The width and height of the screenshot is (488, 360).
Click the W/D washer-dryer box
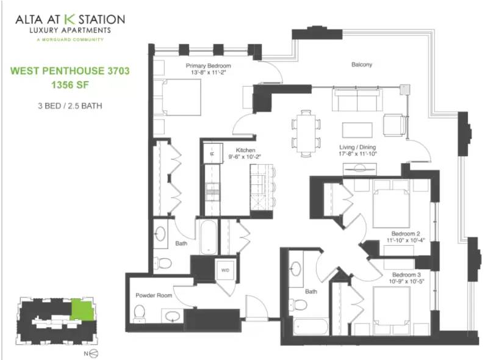point(225,270)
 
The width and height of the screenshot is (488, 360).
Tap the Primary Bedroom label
point(208,66)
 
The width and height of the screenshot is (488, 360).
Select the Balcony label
point(362,65)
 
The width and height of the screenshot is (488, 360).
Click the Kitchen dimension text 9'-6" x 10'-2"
point(245,157)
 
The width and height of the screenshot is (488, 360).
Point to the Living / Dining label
point(357,147)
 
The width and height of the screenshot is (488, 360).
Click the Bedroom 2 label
point(406,234)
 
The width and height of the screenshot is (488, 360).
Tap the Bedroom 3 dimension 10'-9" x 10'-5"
point(406,281)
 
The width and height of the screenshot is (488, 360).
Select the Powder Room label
point(154,295)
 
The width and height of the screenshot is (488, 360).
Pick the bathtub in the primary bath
point(209,237)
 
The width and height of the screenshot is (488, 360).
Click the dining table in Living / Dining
point(306,133)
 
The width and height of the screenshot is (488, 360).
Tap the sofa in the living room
point(357,99)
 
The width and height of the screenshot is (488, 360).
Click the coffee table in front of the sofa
point(357,130)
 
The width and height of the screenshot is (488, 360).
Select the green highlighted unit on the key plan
point(82,309)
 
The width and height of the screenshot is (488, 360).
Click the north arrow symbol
point(94,353)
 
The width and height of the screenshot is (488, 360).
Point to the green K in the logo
point(70,19)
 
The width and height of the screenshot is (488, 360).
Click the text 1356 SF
point(70,85)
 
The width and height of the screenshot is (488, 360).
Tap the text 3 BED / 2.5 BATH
point(70,106)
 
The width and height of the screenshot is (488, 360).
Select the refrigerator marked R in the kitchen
point(213,153)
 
